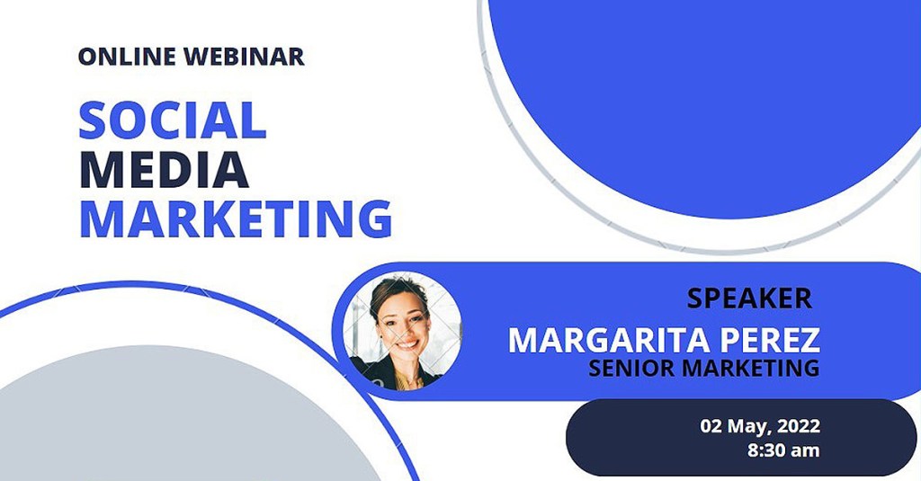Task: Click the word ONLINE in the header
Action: [127, 57]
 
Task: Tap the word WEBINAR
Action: [244, 57]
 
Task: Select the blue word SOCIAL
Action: [173, 120]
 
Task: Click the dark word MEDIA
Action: [164, 170]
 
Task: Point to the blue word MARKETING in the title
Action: [236, 219]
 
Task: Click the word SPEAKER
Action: [750, 298]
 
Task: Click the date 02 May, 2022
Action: [760, 426]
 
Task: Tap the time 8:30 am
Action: [783, 450]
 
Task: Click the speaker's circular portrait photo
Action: [402, 331]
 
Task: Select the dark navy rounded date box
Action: [741, 438]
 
